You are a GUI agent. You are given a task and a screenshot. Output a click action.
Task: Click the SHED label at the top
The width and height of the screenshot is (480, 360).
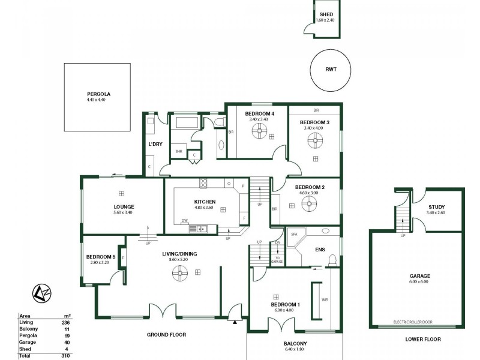tap(326, 14)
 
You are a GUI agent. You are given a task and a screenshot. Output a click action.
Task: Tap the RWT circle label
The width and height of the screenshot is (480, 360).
tap(331, 70)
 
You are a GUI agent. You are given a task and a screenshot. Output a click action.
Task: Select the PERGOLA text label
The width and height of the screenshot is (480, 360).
tap(99, 94)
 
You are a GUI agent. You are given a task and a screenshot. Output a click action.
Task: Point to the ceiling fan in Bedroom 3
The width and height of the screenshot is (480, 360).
tap(316, 142)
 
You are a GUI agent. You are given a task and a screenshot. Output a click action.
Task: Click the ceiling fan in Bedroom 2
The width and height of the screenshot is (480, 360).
tap(310, 204)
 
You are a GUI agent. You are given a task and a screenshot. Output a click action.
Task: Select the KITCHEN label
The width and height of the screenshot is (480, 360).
tap(205, 202)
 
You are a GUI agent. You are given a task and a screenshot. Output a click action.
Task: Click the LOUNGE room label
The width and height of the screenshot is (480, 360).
tap(124, 207)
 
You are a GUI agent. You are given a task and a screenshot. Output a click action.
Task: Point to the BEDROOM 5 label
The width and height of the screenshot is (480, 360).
tap(100, 257)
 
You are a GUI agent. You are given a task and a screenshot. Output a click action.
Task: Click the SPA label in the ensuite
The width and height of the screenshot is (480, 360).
tap(294, 235)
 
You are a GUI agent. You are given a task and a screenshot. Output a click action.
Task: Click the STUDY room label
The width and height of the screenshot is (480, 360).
tap(436, 207)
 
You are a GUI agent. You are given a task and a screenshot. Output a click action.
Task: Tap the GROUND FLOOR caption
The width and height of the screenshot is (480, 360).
tap(166, 334)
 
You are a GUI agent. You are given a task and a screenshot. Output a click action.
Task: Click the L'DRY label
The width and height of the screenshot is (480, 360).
tap(155, 144)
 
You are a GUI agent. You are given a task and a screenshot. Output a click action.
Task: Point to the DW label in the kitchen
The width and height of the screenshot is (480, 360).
tap(185, 221)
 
